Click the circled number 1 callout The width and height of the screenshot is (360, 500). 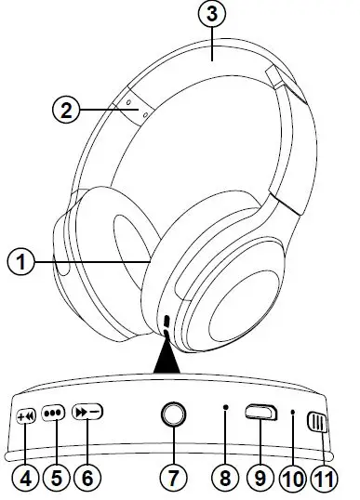(x=20, y=262)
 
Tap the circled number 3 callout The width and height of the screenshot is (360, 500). (x=213, y=14)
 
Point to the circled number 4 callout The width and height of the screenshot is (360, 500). (x=25, y=478)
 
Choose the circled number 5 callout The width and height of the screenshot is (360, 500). (x=57, y=478)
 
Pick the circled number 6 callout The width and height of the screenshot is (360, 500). (x=88, y=478)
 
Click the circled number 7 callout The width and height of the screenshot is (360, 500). (x=172, y=478)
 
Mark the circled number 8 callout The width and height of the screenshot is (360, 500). (x=224, y=478)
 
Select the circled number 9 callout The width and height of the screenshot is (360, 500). (x=260, y=478)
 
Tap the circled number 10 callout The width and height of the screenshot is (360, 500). (x=292, y=478)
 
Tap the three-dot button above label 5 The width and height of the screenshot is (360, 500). (x=53, y=416)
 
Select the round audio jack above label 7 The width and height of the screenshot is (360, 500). (x=172, y=414)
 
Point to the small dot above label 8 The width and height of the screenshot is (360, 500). (x=225, y=409)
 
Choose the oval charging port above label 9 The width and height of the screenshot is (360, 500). (x=261, y=414)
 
